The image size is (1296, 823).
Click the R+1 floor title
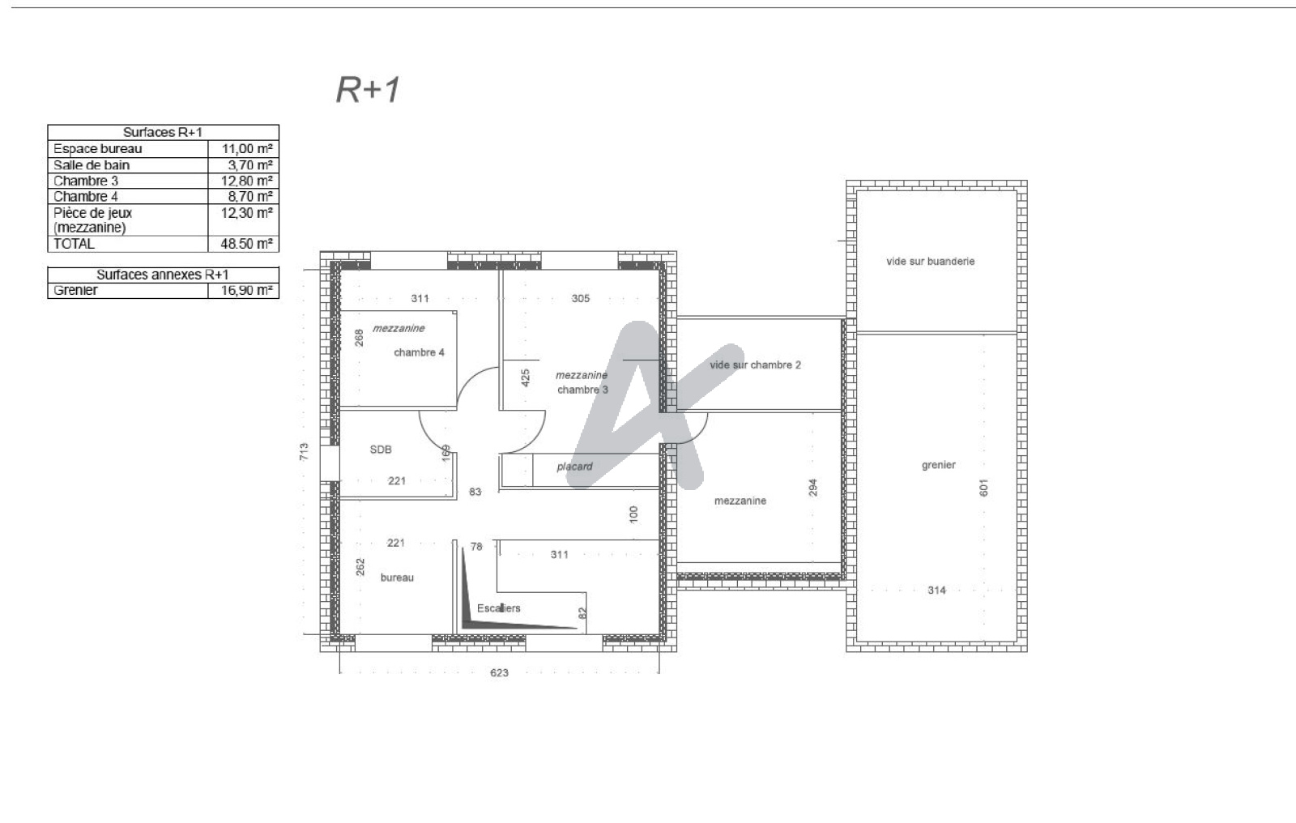tap(368, 90)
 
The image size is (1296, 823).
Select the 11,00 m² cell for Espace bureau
tap(247, 149)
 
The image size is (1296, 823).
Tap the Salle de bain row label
tap(92, 165)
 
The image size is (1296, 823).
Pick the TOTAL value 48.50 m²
tap(246, 244)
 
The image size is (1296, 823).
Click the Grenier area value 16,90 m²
tap(246, 290)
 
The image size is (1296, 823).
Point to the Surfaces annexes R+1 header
tap(163, 275)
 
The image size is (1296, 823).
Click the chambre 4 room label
tap(419, 352)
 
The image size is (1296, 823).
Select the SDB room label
tap(381, 449)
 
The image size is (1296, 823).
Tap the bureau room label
tap(397, 578)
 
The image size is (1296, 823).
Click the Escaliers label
tap(499, 608)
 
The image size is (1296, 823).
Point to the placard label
tap(574, 467)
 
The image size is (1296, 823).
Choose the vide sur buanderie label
tap(931, 262)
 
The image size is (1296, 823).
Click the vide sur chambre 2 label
tap(756, 365)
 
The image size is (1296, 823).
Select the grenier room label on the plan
tap(939, 465)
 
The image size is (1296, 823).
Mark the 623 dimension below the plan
tap(499, 672)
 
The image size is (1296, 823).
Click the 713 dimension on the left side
tap(304, 451)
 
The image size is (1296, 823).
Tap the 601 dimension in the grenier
tap(983, 488)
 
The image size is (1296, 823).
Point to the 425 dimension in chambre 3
tap(526, 378)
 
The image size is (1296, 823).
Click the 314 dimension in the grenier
tap(936, 591)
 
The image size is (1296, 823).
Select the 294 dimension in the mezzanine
tap(813, 488)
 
